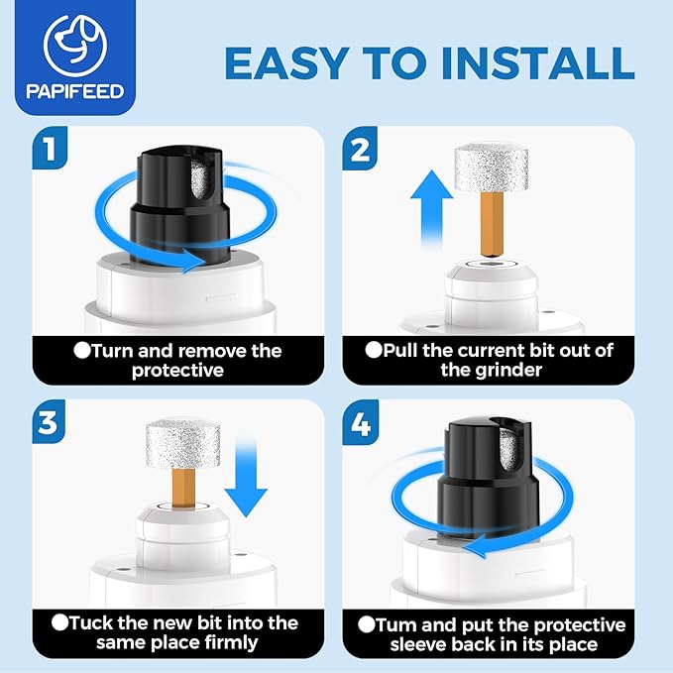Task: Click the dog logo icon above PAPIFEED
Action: pos(74,46)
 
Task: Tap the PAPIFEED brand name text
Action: pos(75,91)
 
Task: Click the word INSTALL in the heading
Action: pos(537,63)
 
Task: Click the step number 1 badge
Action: pos(50,148)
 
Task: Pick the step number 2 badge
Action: pos(360,148)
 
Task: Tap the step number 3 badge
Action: pos(49,421)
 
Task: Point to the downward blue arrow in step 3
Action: pos(246,478)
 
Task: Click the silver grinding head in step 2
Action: pos(491,168)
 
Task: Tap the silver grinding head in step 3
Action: pos(182,445)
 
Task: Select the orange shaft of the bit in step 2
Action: pos(492,225)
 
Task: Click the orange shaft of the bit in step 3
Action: pos(183,488)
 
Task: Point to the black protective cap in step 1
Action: pos(179,205)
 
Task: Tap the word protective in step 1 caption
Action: pos(177,371)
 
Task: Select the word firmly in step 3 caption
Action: pos(231,643)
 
